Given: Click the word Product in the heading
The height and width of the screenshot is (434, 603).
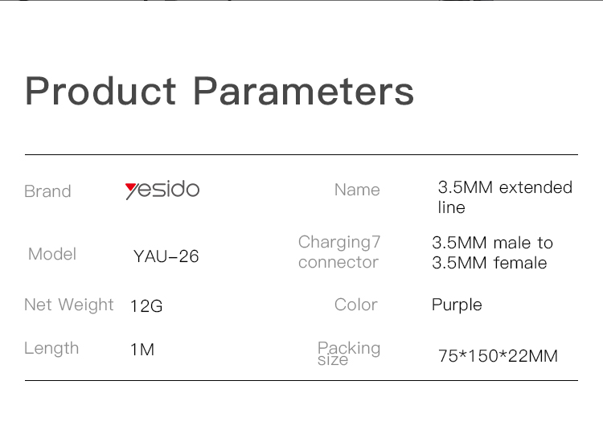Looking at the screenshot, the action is (x=100, y=91).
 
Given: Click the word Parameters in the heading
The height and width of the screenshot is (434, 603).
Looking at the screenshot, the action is (x=303, y=91).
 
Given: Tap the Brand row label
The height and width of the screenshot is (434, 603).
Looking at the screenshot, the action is (x=47, y=191).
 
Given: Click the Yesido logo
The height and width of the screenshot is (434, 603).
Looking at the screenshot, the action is (x=162, y=190).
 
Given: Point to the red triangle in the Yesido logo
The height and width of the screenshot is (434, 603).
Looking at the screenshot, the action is (x=131, y=187).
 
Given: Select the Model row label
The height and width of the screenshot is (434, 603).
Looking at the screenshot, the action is (x=52, y=254).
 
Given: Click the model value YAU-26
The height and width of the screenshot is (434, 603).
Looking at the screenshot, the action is (x=166, y=256).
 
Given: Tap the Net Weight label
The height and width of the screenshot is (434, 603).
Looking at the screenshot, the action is (x=69, y=305).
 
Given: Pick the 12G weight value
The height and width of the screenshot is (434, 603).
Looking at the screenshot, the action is (x=146, y=306).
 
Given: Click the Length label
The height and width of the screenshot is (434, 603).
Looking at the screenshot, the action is (x=51, y=349).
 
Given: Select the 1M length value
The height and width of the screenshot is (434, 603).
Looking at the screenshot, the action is (x=142, y=350).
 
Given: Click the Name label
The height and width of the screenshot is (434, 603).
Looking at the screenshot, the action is (x=357, y=190).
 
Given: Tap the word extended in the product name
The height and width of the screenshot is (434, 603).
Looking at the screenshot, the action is (x=535, y=187).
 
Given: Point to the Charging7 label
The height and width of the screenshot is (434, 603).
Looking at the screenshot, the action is (x=339, y=243).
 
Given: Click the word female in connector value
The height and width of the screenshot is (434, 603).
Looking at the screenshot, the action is (x=520, y=263).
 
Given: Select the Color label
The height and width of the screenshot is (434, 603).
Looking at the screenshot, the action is (x=356, y=305).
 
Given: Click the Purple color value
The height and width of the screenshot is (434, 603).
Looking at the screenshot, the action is (x=457, y=305).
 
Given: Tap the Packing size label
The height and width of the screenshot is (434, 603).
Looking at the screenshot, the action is (x=349, y=353).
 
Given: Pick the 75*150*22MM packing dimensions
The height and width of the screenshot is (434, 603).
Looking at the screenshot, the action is (x=498, y=356).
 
